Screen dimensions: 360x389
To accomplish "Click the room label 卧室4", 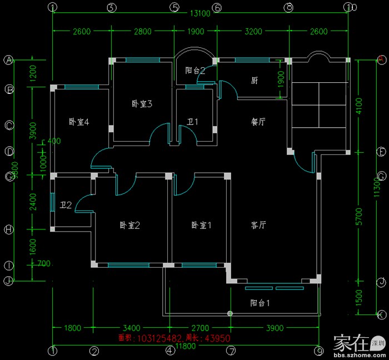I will coord(79,122).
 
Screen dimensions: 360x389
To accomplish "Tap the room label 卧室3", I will coord(142,103).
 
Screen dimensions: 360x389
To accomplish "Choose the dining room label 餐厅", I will coord(258,122).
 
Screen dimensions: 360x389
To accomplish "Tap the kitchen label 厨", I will coord(255,81).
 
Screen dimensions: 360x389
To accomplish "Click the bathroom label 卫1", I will coord(192,122).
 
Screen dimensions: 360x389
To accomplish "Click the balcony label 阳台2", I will coord(195,71).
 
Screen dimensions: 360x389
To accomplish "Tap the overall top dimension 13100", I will coord(200,14).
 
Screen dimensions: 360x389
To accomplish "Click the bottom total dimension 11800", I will coord(186,346).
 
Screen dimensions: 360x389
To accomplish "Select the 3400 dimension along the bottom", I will coord(131,327).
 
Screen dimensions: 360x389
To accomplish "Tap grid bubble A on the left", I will coord(9,60).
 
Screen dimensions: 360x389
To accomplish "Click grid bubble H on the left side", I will coord(9,229).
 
